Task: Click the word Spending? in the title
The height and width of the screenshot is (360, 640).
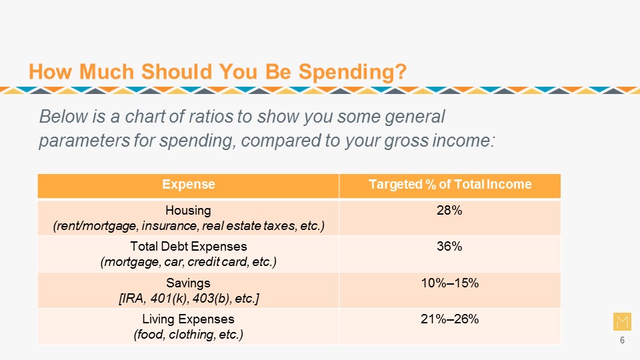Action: [353, 72]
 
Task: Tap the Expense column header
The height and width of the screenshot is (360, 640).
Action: [188, 185]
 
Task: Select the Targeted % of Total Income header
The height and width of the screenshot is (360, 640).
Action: [450, 185]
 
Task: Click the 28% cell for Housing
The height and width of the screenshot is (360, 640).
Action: [449, 211]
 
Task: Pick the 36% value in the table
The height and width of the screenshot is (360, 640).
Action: [449, 247]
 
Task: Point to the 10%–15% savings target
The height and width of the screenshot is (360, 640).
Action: [449, 283]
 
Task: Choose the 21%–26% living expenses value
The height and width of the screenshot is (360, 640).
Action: [449, 319]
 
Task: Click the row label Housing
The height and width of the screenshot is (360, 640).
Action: [188, 211]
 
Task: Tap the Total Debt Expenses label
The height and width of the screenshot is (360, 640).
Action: [189, 247]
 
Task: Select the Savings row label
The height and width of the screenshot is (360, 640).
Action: [188, 283]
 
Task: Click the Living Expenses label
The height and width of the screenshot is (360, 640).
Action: [188, 319]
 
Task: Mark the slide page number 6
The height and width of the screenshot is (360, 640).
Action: [622, 340]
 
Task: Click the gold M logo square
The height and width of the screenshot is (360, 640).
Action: [622, 321]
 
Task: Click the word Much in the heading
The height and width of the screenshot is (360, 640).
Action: [107, 72]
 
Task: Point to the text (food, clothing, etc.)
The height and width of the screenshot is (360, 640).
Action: [189, 335]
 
